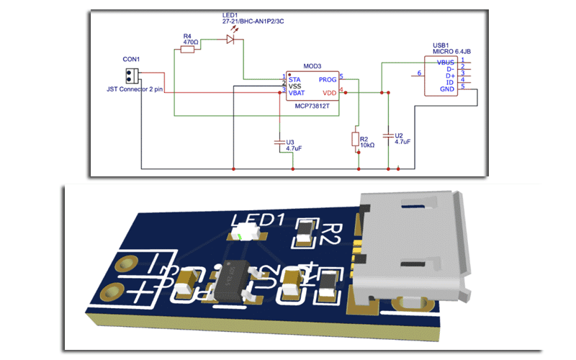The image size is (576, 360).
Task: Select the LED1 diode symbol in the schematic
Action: tap(230, 40)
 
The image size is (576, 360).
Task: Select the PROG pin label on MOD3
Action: tap(328, 78)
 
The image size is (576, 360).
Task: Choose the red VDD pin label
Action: tap(330, 93)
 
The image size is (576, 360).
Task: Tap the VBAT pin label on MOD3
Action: tap(297, 93)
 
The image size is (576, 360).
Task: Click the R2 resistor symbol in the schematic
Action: tap(354, 138)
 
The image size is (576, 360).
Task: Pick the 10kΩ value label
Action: tap(366, 145)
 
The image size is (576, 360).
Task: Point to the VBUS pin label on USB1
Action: tap(445, 63)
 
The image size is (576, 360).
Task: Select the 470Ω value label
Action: tap(190, 42)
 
